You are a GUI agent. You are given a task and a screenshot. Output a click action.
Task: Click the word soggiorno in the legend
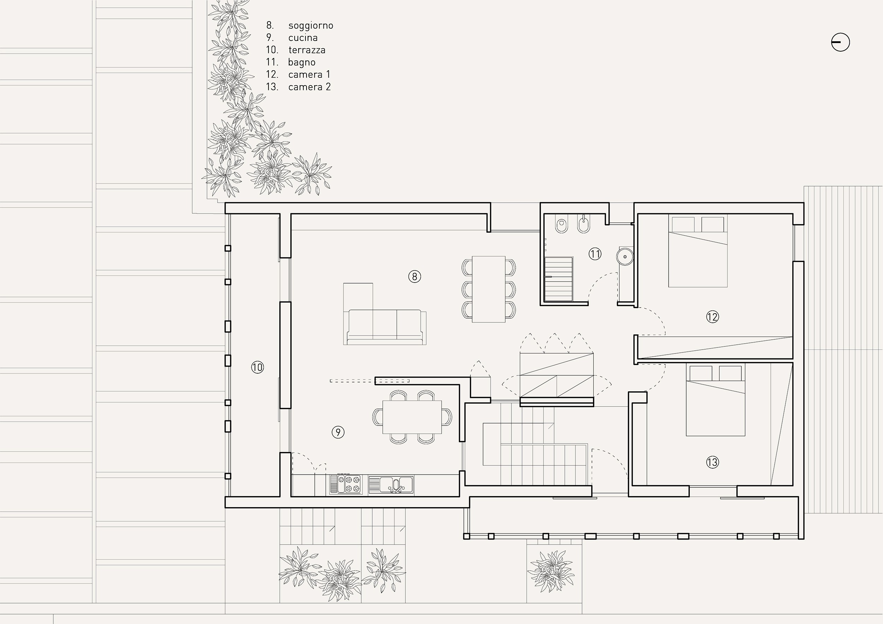coord(311,26)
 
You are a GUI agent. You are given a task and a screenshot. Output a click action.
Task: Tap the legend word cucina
coord(303,38)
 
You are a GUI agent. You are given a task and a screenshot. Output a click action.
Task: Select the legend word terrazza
coord(307,50)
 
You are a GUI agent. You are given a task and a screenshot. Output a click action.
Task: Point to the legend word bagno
coord(302,62)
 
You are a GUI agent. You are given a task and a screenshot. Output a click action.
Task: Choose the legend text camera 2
coord(310,87)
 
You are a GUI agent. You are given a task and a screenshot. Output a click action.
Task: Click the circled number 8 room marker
coord(415,277)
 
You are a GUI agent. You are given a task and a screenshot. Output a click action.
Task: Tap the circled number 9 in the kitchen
coord(338,432)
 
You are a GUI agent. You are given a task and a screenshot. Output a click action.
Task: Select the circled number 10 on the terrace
coord(258,367)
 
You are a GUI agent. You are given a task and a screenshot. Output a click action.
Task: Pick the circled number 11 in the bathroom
coord(595,254)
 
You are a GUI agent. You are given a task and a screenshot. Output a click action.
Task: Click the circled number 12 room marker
coord(713,316)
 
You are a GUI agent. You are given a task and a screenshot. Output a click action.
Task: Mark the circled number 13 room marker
coord(713,462)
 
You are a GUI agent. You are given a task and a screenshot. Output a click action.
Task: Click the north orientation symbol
coord(840,42)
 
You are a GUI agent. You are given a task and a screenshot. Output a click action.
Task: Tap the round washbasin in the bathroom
coord(624,256)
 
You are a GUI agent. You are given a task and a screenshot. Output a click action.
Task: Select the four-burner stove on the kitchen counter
coord(349,484)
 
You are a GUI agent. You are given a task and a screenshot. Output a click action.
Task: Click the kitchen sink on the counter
coord(391,485)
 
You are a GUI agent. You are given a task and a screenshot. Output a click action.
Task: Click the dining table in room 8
coord(489,289)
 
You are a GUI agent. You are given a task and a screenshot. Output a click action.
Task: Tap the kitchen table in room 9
coord(412,417)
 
